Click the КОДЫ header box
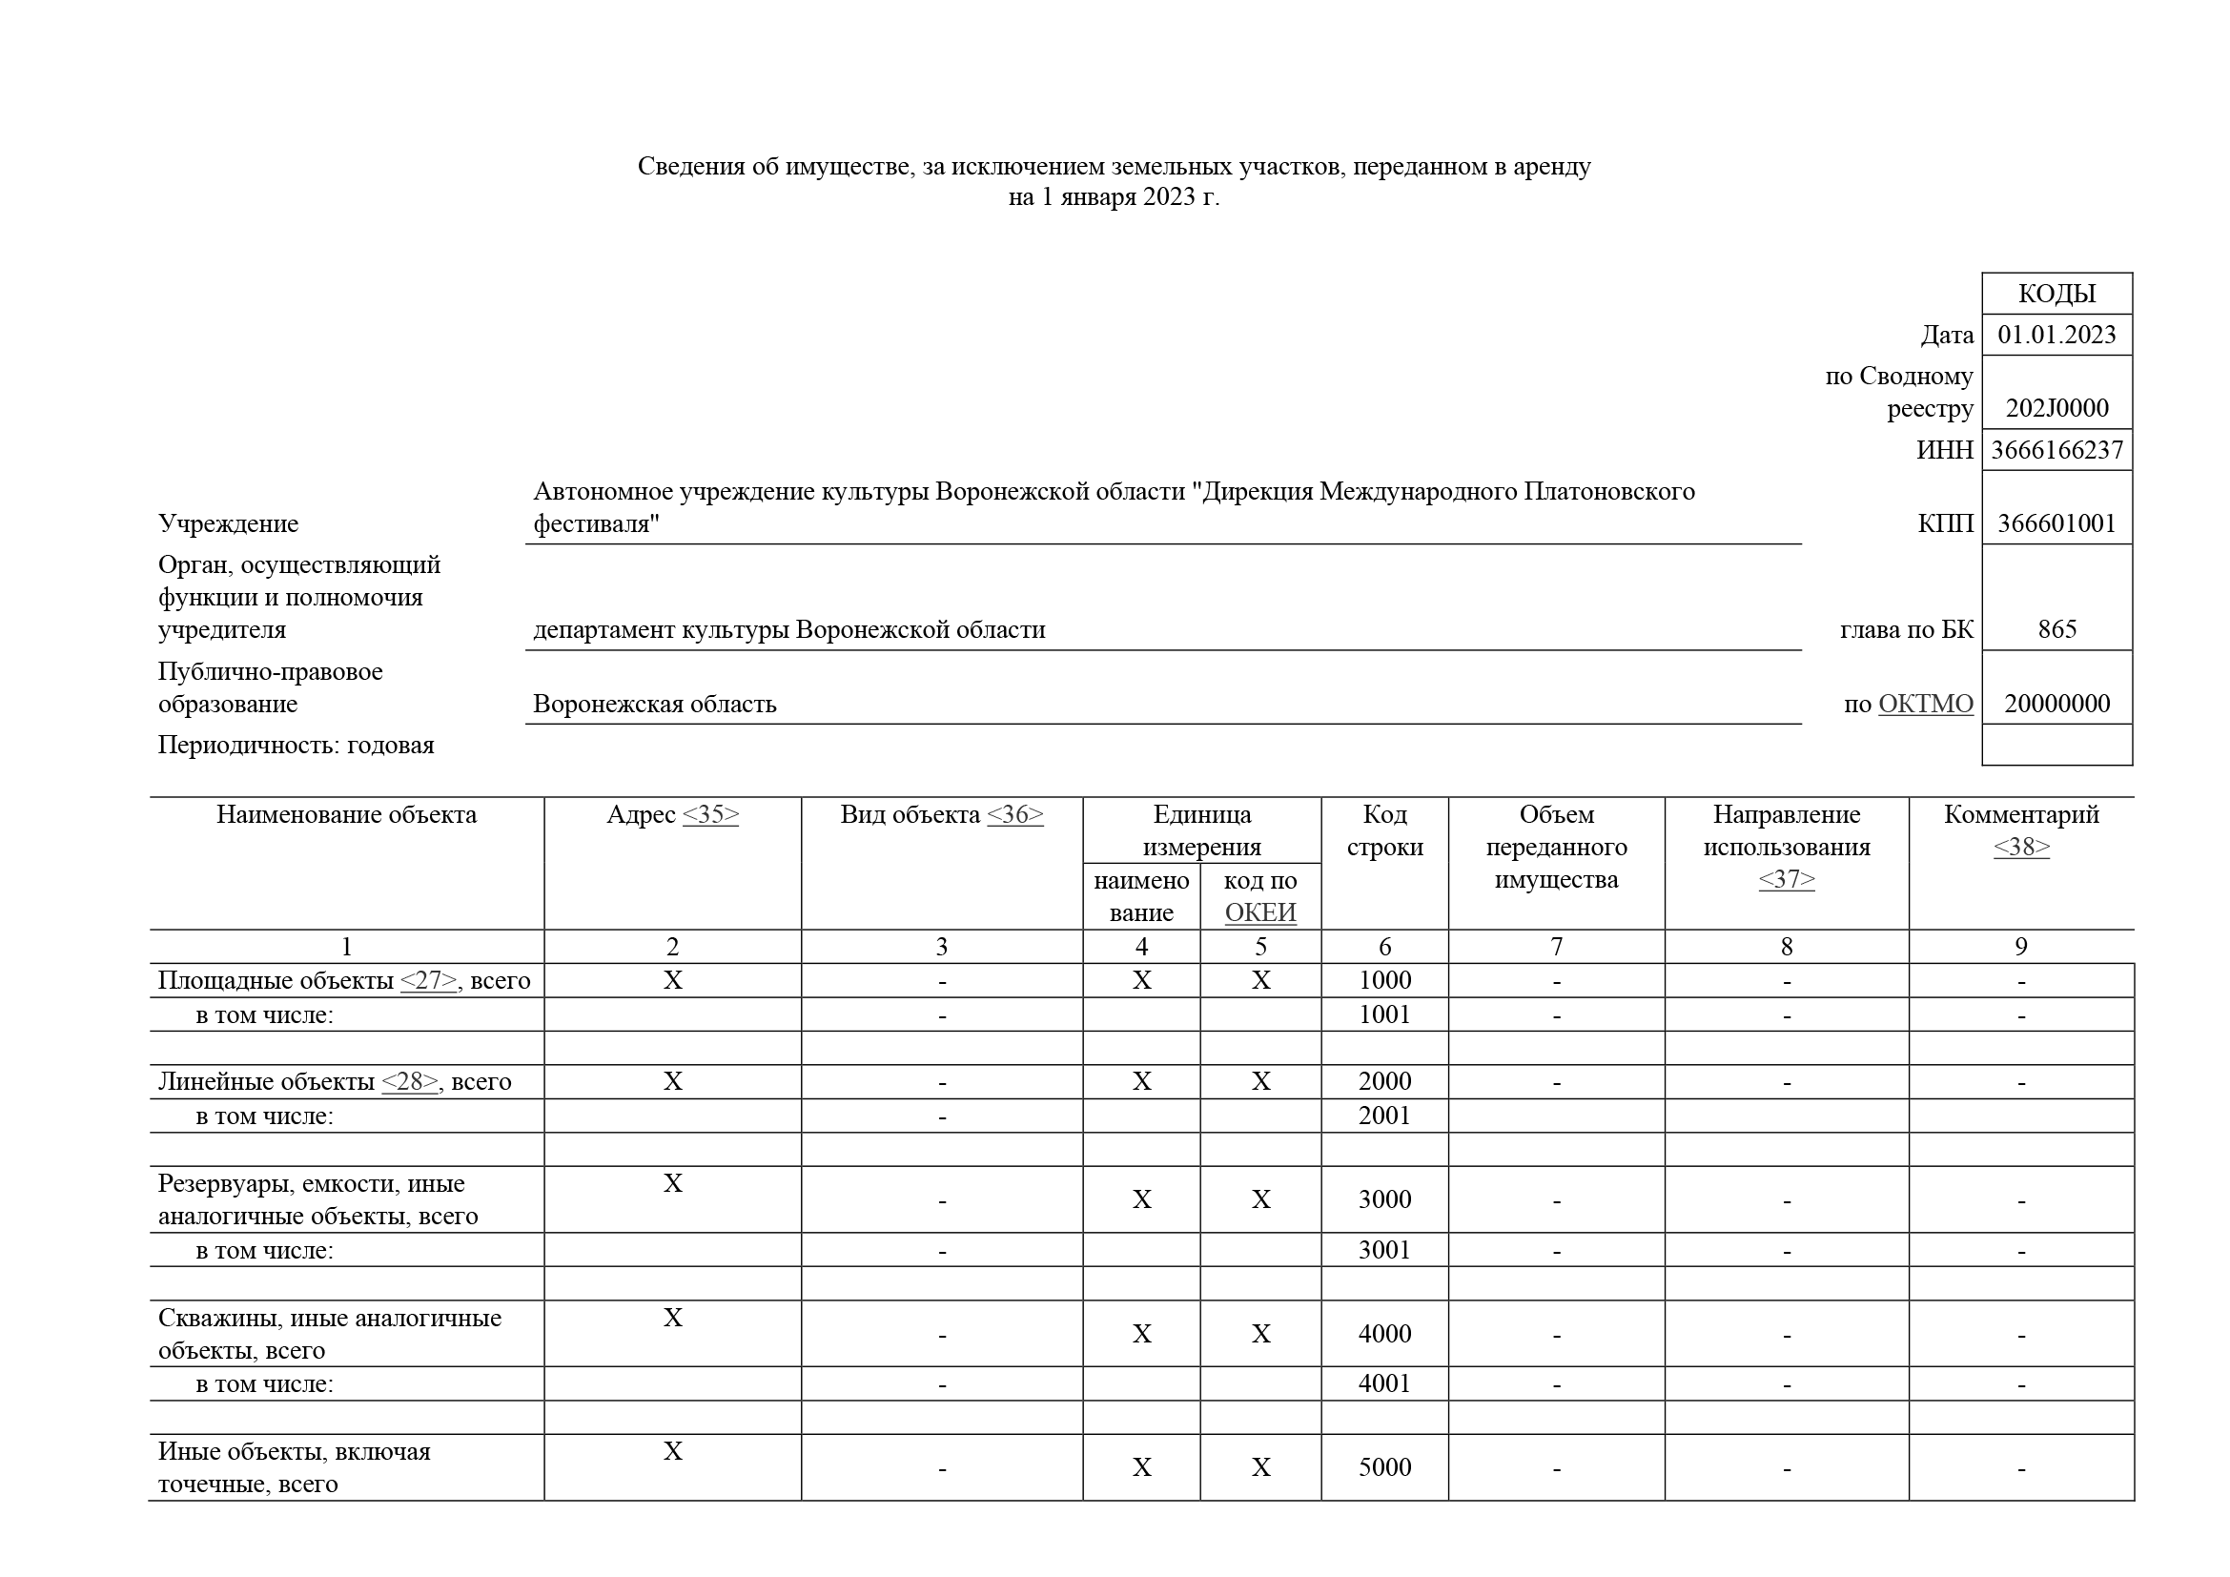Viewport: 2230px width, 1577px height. tap(2056, 294)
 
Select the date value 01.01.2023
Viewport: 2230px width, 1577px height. tap(2056, 335)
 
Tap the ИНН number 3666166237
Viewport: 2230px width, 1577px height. tap(2056, 451)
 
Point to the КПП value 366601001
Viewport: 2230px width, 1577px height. tap(2056, 524)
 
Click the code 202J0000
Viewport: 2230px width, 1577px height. tap(2056, 408)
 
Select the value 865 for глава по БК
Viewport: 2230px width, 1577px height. tap(2056, 629)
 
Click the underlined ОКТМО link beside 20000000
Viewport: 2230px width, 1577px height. tap(1925, 704)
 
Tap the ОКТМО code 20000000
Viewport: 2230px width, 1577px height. tap(2056, 704)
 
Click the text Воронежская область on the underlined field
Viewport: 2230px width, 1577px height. tap(655, 704)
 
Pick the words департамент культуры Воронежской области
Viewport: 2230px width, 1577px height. tap(788, 630)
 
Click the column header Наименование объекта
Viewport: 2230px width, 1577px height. tap(346, 814)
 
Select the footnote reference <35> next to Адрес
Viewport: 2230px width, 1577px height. tap(710, 814)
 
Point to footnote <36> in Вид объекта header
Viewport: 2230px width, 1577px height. tap(1015, 814)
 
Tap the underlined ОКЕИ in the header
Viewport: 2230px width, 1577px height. tap(1259, 912)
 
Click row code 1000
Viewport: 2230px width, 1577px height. tap(1384, 980)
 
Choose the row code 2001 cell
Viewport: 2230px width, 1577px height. tap(1384, 1115)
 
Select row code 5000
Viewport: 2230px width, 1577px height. tap(1384, 1467)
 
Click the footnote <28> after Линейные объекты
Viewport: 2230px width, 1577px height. tap(409, 1082)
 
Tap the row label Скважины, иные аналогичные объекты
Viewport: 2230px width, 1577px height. tap(329, 1333)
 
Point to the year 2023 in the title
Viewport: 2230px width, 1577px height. tap(1169, 197)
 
